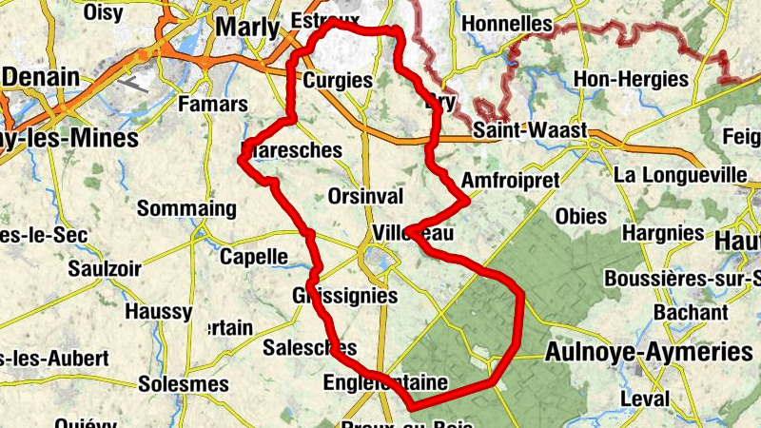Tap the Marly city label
pyautogui.click(x=247, y=27)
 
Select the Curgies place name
pyautogui.click(x=337, y=81)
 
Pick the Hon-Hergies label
pyautogui.click(x=630, y=80)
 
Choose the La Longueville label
pyautogui.click(x=681, y=174)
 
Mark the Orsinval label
pyautogui.click(x=365, y=196)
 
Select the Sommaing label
pyautogui.click(x=186, y=208)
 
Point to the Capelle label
pyautogui.click(x=253, y=256)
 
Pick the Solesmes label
pyautogui.click(x=184, y=384)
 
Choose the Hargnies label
pyautogui.click(x=664, y=233)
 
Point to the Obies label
pyautogui.click(x=580, y=216)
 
